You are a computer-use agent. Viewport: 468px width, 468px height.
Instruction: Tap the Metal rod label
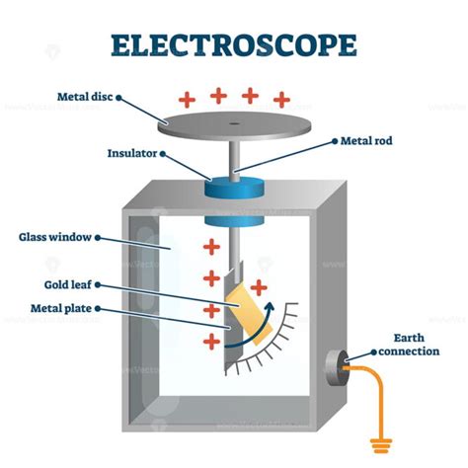[x=368, y=140]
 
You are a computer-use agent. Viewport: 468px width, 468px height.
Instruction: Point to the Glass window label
[x=55, y=237]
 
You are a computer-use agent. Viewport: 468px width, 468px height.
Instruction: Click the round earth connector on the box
[x=339, y=366]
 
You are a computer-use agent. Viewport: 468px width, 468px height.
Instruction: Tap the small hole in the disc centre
[x=233, y=123]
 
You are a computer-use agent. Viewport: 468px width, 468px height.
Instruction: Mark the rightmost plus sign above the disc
[x=282, y=99]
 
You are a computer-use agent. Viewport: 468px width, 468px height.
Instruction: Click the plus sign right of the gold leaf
[x=259, y=287]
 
